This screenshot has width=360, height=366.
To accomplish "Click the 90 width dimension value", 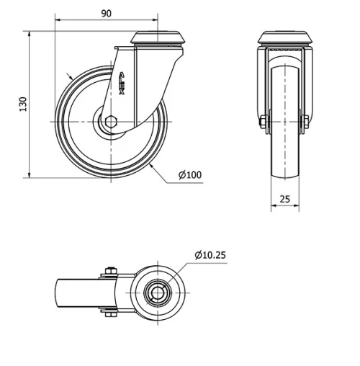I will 105,14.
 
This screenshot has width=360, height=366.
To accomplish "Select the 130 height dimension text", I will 23,104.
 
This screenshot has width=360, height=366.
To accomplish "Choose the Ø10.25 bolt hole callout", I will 210,254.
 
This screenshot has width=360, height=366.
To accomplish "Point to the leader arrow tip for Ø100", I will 153,164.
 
